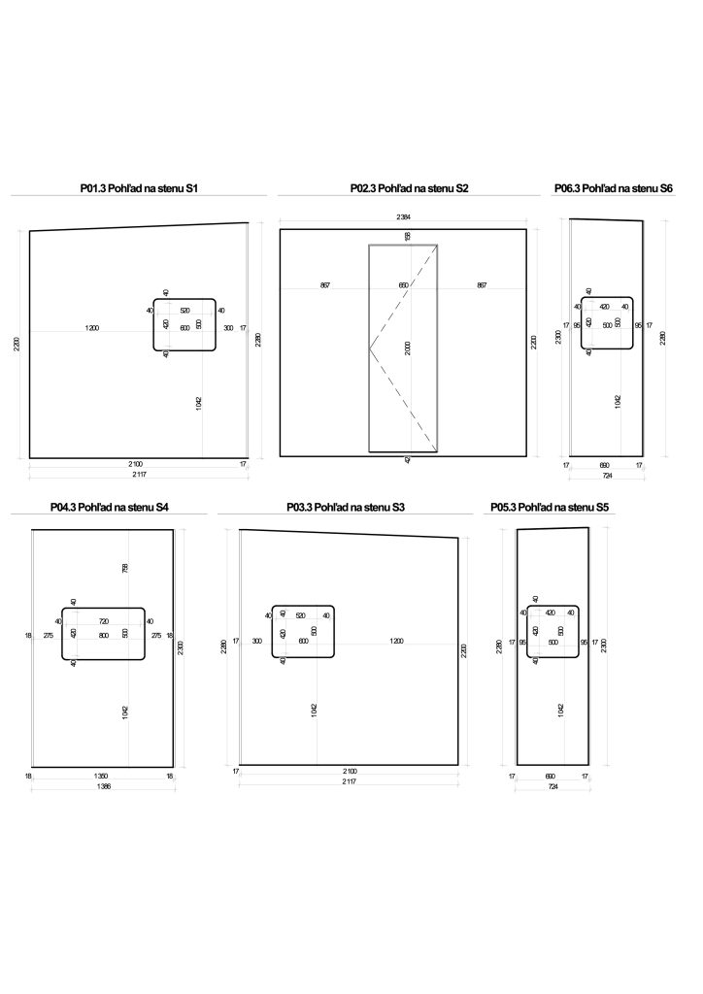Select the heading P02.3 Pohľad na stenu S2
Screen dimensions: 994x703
(x=409, y=188)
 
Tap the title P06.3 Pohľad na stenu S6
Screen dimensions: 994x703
(x=613, y=188)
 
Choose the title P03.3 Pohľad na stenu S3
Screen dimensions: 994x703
(x=346, y=507)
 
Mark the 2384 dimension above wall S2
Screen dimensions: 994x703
(x=403, y=215)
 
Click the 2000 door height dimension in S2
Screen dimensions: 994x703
(x=408, y=348)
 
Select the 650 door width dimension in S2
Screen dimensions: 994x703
(x=403, y=285)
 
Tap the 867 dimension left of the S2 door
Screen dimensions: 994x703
(x=324, y=285)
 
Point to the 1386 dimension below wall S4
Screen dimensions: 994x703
(x=103, y=787)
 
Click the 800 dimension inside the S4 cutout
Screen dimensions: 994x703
(x=103, y=635)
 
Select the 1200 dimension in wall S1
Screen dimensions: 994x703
(x=91, y=329)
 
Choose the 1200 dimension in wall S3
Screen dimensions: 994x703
(x=396, y=641)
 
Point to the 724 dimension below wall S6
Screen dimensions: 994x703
(x=607, y=476)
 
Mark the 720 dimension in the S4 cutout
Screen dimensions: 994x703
(x=103, y=621)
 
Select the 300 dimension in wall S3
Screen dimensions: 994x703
(x=256, y=641)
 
